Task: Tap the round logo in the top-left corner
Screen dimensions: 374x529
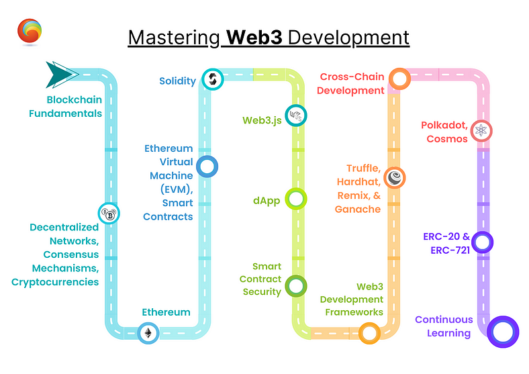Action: pos(30,32)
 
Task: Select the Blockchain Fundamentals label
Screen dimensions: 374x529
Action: pos(65,106)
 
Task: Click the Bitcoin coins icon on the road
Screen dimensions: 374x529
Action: pos(109,214)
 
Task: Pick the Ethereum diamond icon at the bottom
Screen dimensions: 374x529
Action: pos(148,333)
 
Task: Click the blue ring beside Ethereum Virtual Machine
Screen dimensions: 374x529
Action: pos(207,167)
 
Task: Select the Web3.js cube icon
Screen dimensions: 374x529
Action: pos(295,116)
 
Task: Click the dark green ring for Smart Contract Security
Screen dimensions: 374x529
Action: pos(295,285)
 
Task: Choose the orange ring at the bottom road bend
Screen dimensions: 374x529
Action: pos(369,333)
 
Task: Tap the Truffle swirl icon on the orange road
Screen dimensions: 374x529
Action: pos(395,178)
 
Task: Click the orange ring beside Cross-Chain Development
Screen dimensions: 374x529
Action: pos(399,79)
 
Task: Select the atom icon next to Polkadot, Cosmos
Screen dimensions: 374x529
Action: pos(481,130)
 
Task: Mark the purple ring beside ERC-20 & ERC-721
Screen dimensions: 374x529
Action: pos(482,242)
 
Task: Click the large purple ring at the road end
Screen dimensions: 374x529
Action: pos(502,331)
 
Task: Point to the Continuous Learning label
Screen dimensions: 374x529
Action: pos(443,326)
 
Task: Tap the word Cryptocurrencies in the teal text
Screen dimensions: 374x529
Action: pos(55,282)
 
